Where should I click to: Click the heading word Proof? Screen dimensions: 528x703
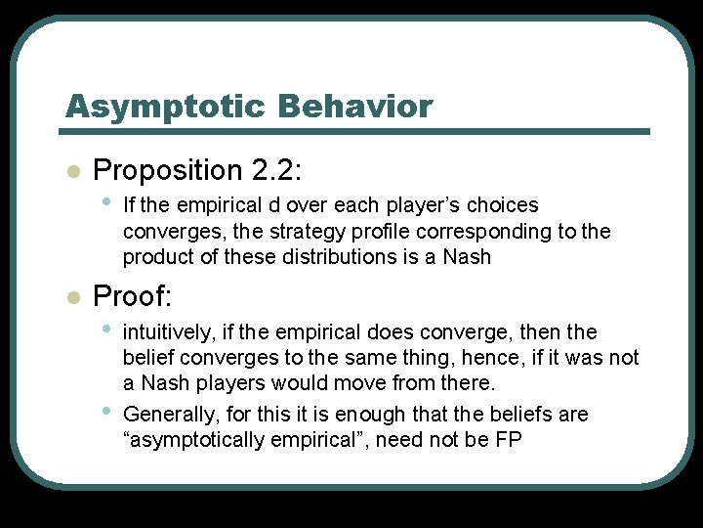(x=131, y=294)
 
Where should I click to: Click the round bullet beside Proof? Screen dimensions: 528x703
(x=70, y=296)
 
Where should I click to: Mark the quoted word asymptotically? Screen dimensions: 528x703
(x=192, y=440)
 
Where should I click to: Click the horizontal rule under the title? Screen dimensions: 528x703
(x=356, y=131)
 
